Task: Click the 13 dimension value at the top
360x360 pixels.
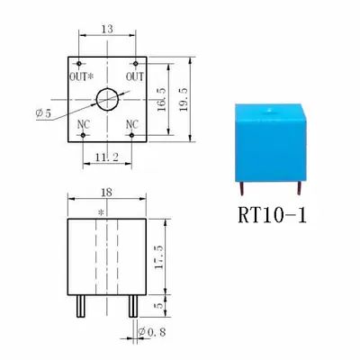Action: pyautogui.click(x=107, y=29)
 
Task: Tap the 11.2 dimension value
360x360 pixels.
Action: pyautogui.click(x=107, y=157)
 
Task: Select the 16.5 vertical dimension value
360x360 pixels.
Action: pyautogui.click(x=161, y=100)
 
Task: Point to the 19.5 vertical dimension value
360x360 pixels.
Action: pyautogui.click(x=183, y=100)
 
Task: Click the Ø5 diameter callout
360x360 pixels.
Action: pyautogui.click(x=43, y=113)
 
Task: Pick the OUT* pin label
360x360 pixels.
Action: pyautogui.click(x=81, y=76)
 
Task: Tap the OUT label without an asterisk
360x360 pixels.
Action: pyautogui.click(x=135, y=76)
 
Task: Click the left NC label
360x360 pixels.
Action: pyautogui.click(x=84, y=125)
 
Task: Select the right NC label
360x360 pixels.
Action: pyautogui.click(x=132, y=124)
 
